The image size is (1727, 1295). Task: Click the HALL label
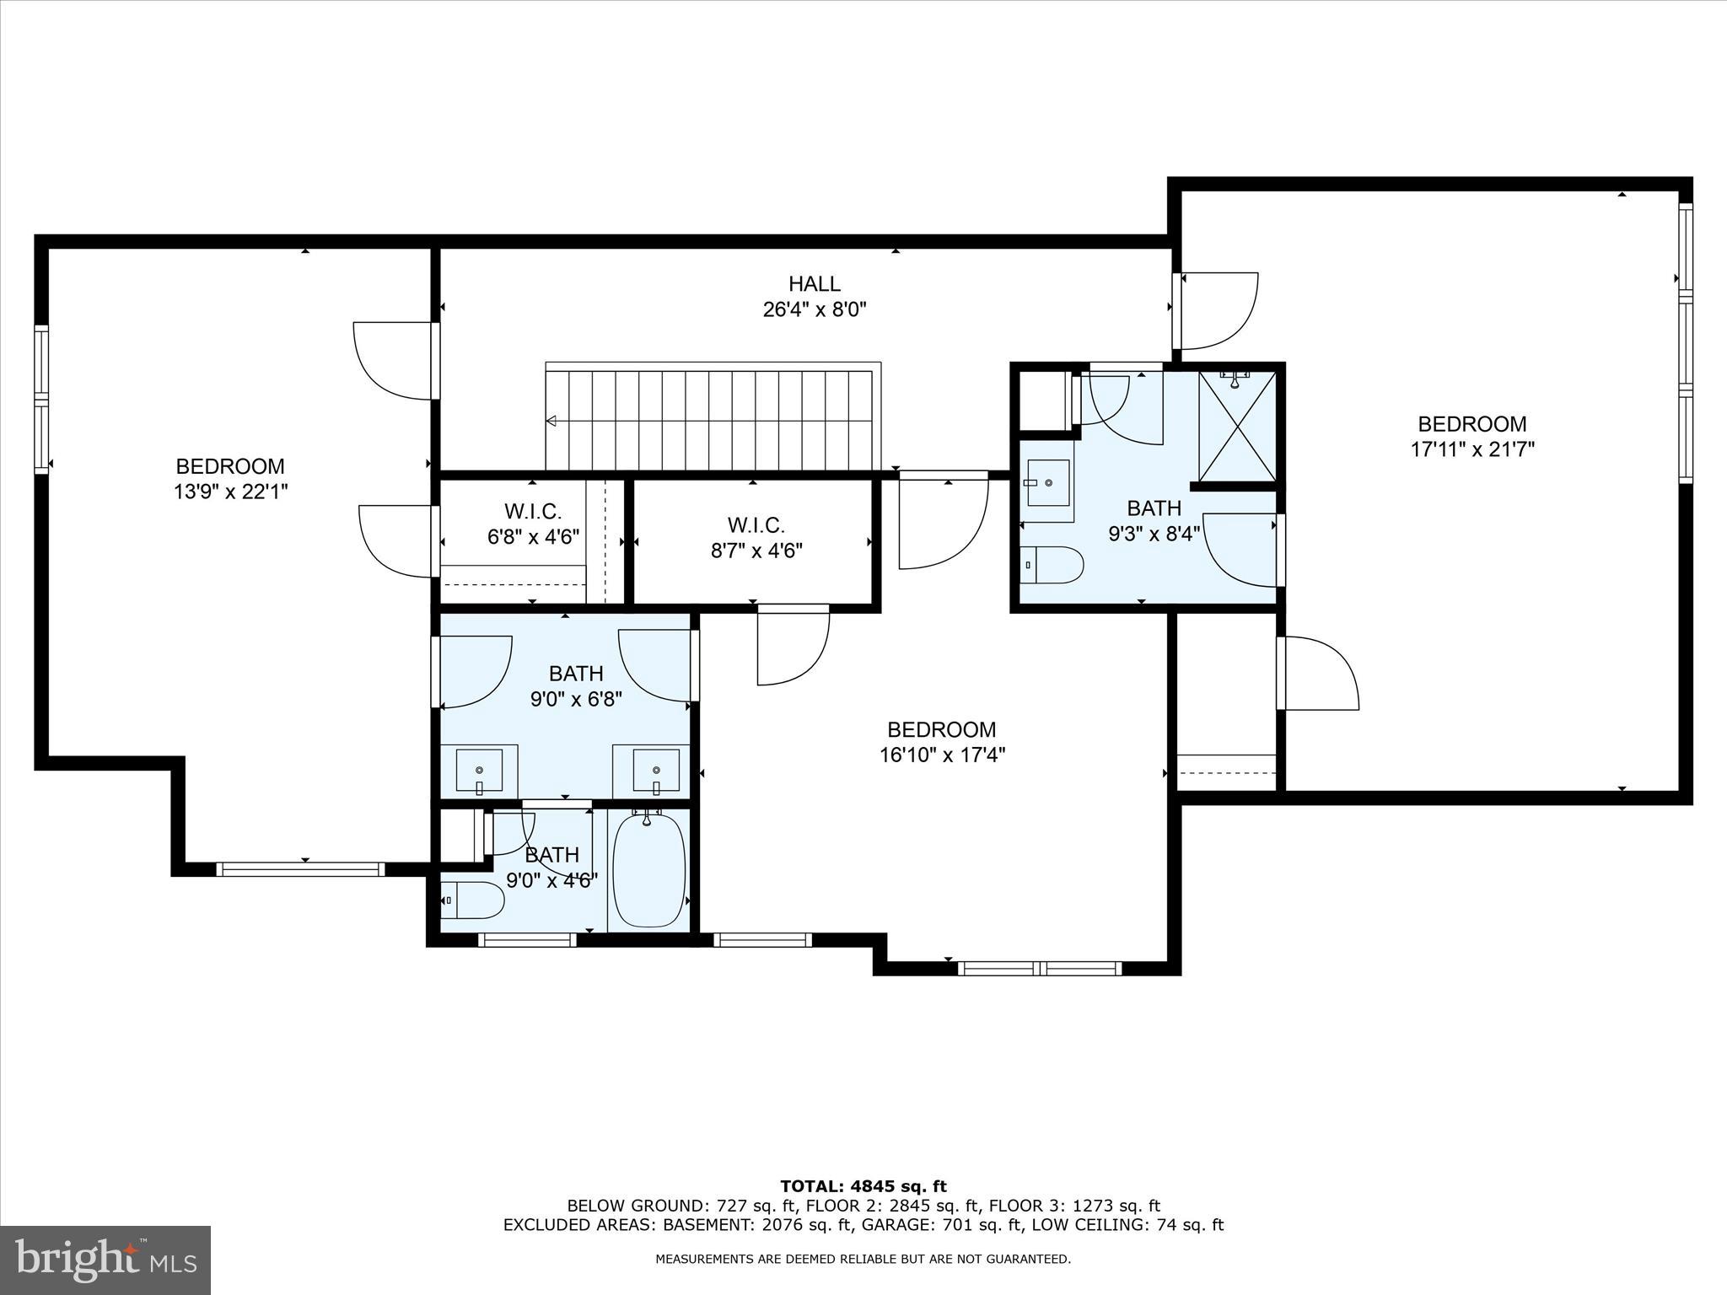coord(814,284)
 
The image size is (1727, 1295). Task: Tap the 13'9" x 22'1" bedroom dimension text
coord(230,492)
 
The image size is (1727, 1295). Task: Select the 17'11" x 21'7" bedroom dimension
coord(1471,449)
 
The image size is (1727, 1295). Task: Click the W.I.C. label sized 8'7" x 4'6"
coord(756,525)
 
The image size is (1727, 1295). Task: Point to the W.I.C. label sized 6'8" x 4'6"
coord(533,512)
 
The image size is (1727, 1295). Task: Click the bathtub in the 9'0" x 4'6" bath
coord(648,872)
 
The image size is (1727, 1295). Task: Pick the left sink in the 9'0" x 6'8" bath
coord(479,770)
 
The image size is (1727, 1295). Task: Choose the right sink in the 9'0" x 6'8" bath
coord(656,770)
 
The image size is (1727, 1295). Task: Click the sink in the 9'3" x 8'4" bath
coord(1048,483)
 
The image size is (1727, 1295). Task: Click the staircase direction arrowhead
coord(551,421)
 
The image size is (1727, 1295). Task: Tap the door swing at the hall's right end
coord(1219,310)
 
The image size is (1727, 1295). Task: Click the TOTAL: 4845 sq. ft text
coord(863,1187)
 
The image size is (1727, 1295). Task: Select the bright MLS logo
coord(105,1260)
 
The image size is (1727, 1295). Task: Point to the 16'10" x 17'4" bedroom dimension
coord(942,755)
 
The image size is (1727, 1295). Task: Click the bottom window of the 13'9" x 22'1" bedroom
coord(300,869)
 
